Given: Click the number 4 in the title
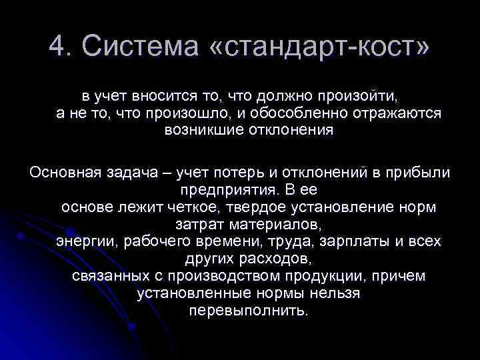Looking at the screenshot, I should [x=57, y=46].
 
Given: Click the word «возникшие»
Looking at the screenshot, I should [x=199, y=130].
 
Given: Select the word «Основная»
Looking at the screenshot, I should [x=64, y=172].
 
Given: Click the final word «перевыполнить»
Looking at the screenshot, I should [x=249, y=310].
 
